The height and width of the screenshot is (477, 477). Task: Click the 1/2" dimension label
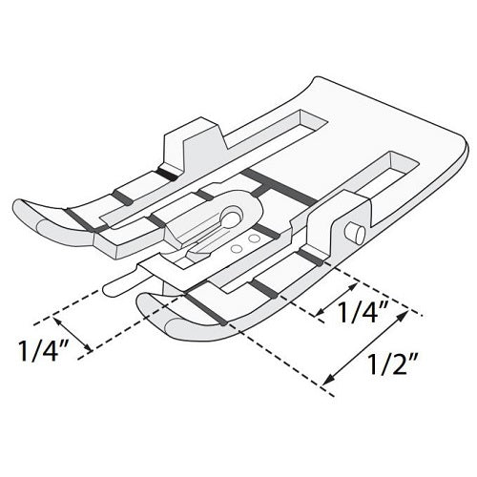pyautogui.click(x=392, y=365)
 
